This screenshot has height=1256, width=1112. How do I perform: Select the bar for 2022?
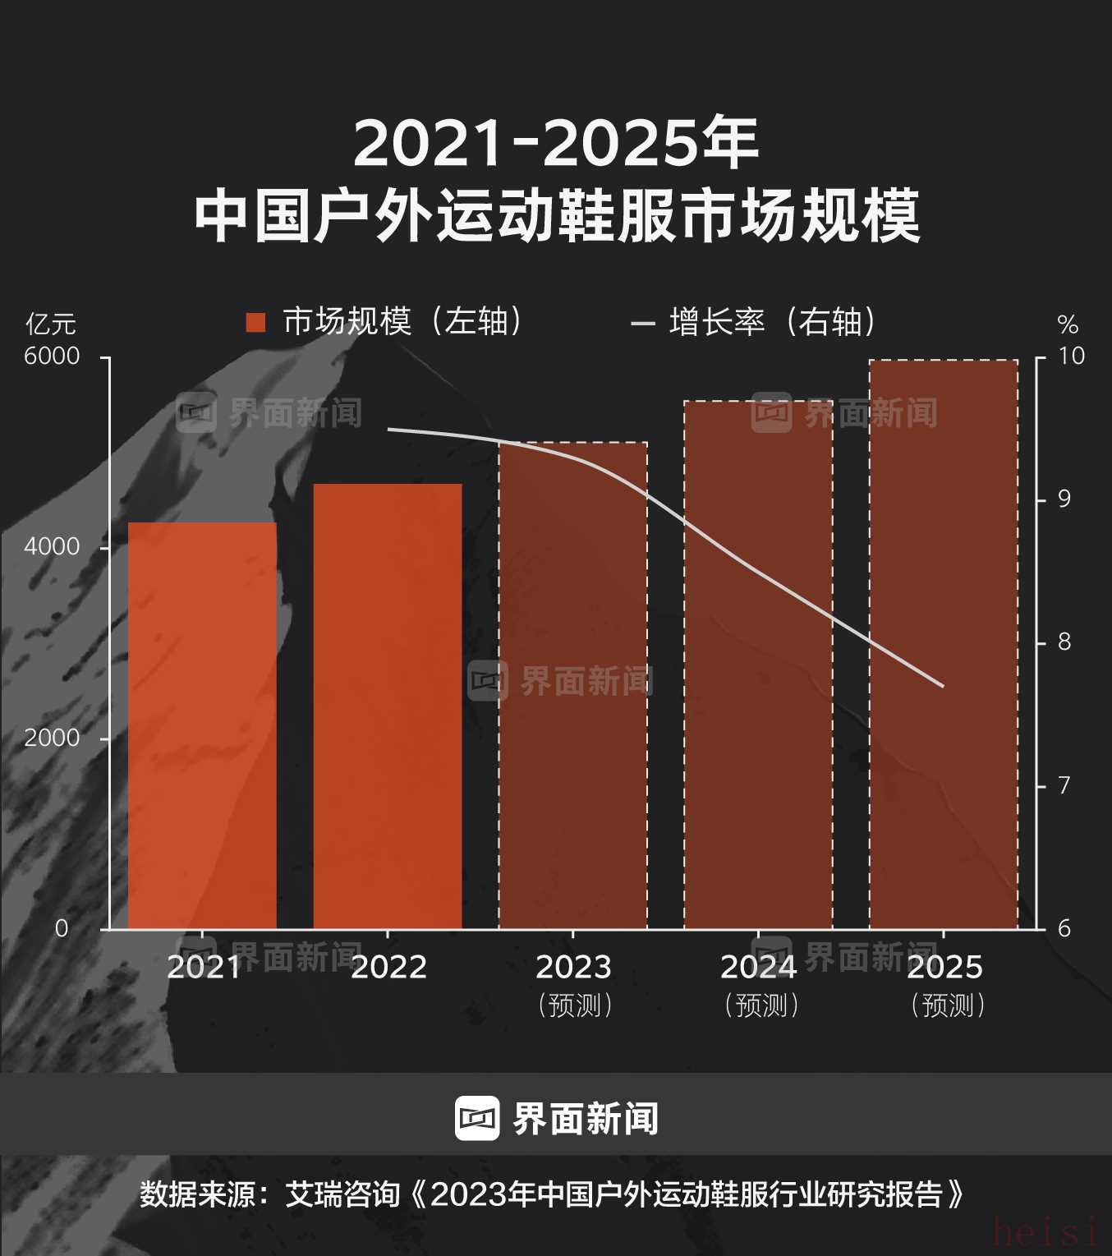pos(388,706)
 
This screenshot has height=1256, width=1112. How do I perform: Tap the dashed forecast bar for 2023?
pos(573,686)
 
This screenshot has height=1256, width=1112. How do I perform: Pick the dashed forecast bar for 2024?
pos(758,665)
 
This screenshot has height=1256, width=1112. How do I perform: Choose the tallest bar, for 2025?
pos(944,645)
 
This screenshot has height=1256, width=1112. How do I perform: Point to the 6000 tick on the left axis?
pos(52,357)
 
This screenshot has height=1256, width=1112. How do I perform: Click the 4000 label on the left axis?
pos(52,547)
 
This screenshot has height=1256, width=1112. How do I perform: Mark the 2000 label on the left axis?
pos(52,738)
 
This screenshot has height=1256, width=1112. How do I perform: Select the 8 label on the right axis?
pos(1064,642)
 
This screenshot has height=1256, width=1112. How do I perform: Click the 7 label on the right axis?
pos(1064,786)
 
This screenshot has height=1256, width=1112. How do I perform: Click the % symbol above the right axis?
pos(1068,325)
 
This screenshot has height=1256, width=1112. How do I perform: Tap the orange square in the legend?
pos(255,322)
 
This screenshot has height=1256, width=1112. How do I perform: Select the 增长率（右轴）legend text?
pos(773,322)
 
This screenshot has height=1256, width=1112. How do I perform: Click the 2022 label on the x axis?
pos(388,968)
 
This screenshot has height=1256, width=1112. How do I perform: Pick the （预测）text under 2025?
pos(948,1005)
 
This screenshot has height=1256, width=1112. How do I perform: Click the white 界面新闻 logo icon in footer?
pos(477,1118)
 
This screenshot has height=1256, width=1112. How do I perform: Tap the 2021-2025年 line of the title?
pos(556,144)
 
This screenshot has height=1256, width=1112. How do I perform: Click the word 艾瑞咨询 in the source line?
pos(342,1194)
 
